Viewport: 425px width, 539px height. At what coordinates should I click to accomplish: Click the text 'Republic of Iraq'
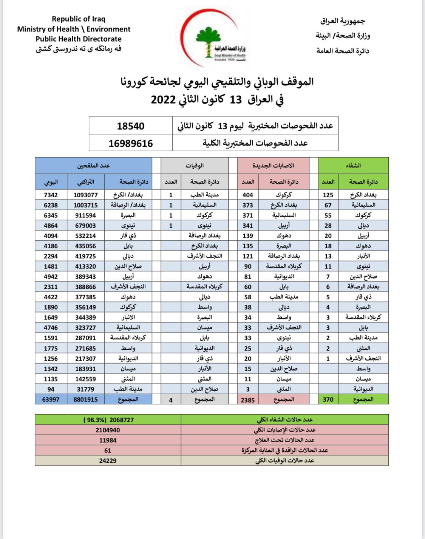click(x=79, y=19)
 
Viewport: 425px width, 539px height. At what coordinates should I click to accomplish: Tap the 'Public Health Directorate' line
click(x=79, y=39)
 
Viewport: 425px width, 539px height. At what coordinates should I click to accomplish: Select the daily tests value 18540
click(x=130, y=126)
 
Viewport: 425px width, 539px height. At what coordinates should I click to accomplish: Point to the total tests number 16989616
click(x=130, y=144)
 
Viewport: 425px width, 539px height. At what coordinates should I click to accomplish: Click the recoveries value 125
click(x=328, y=195)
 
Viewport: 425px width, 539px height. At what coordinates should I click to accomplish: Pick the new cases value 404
click(x=248, y=195)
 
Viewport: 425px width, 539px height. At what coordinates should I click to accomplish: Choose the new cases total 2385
click(x=248, y=400)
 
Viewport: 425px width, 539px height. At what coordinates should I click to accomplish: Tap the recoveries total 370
click(x=328, y=400)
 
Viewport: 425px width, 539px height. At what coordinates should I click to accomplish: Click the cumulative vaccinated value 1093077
click(x=86, y=195)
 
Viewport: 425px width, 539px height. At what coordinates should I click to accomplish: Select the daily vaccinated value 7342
click(x=51, y=195)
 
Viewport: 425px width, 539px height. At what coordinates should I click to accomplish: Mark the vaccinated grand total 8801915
click(x=86, y=400)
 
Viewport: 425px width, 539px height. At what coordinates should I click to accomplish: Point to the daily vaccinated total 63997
click(x=51, y=400)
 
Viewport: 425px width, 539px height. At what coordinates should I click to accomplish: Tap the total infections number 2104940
click(x=108, y=430)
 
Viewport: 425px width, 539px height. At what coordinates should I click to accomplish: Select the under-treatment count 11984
click(x=108, y=440)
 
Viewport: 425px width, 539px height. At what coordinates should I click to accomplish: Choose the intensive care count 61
click(x=108, y=451)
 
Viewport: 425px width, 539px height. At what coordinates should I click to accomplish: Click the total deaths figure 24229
click(x=108, y=461)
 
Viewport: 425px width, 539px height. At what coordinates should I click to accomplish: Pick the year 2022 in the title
click(x=163, y=100)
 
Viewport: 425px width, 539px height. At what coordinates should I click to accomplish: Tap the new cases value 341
click(x=248, y=226)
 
